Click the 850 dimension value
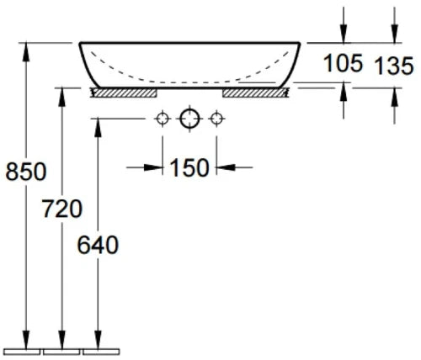point(26,172)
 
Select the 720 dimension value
point(62,209)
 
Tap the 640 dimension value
point(98,245)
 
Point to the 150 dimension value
point(189,167)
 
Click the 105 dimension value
point(343,63)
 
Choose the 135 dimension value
point(394,66)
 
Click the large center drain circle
point(189,119)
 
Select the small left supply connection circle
point(163,119)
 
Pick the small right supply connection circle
point(216,119)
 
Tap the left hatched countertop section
point(124,93)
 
